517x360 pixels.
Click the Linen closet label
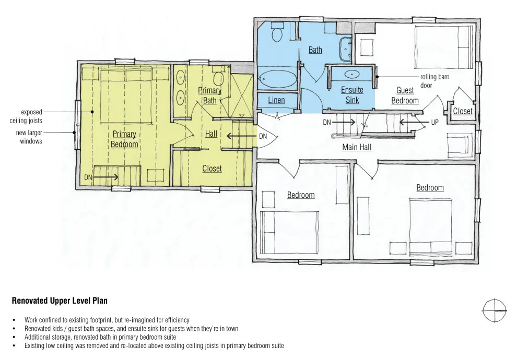(x=276, y=100)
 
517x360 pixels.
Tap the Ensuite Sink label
(x=352, y=95)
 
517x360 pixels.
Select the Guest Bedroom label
(x=405, y=95)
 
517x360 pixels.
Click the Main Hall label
(x=357, y=147)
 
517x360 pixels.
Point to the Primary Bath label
(x=210, y=95)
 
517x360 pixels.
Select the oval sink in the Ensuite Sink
(x=352, y=74)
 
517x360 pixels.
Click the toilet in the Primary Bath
(x=218, y=77)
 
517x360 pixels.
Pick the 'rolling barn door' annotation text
(x=434, y=81)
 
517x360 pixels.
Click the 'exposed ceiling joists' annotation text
(x=26, y=116)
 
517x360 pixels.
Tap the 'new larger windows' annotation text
(x=29, y=137)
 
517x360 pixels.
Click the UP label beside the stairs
(x=435, y=123)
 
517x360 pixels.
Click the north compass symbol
(x=495, y=310)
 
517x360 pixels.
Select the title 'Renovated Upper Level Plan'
(x=60, y=301)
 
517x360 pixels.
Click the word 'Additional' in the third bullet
(x=36, y=337)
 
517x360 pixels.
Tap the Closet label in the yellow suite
(x=212, y=169)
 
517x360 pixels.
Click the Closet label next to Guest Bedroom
(x=463, y=111)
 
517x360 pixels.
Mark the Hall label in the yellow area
(x=211, y=134)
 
